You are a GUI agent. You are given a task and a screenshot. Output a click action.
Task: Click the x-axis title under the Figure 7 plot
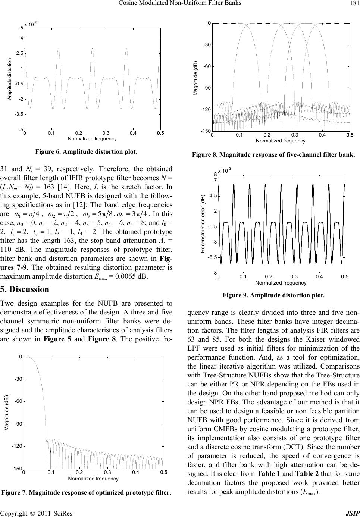click(93, 479)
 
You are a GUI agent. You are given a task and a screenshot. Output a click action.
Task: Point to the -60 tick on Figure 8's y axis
click(207, 66)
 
